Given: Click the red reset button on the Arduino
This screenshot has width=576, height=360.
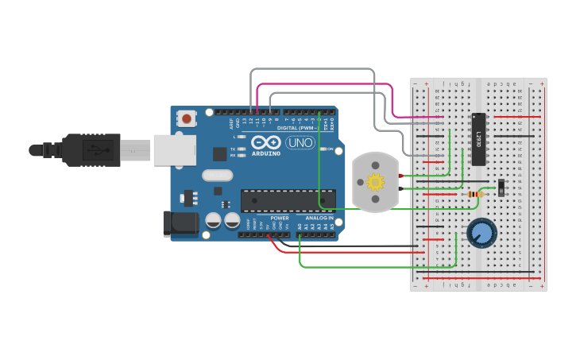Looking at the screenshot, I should (x=187, y=119).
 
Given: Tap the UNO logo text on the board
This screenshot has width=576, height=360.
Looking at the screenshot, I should (x=300, y=143).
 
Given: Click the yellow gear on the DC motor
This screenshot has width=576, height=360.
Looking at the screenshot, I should (x=374, y=182).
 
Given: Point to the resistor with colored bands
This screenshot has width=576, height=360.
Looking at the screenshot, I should (x=475, y=195).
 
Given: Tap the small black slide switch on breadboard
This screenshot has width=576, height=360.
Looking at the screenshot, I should (x=501, y=188).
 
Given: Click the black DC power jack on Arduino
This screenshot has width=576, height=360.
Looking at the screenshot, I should (x=179, y=223).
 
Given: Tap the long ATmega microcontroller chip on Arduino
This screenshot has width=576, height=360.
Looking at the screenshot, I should (x=288, y=202).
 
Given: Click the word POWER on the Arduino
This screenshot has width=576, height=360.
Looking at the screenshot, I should (x=279, y=217).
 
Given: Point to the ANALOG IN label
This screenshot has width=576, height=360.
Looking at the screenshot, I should (x=319, y=217).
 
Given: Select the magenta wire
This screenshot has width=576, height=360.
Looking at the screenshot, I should (x=326, y=84).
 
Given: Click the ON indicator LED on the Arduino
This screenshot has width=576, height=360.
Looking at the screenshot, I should (x=322, y=149).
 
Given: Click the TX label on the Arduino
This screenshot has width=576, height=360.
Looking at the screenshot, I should (x=232, y=149).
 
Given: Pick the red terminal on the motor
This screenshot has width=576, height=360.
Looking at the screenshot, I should (x=402, y=175).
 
